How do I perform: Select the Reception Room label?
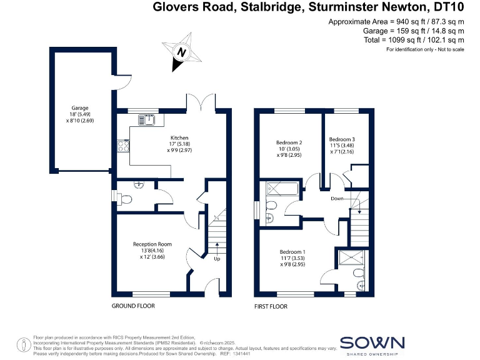point(152,244)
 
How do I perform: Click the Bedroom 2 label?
point(289,142)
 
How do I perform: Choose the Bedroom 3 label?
point(342,139)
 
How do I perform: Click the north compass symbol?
point(182,53)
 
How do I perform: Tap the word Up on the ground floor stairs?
point(217,258)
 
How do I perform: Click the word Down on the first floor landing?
point(337,198)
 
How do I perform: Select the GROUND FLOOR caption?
point(133,306)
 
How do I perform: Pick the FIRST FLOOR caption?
point(271,306)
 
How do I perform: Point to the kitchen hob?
point(122,147)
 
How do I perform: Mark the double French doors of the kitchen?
point(202,102)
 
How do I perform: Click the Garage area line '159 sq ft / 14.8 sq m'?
point(413,31)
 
